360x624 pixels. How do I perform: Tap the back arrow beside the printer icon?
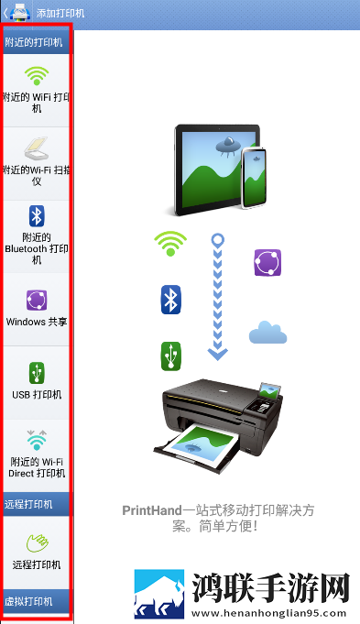coord(5,13)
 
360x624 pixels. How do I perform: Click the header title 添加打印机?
coord(60,13)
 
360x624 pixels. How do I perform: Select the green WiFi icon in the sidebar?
coord(37,76)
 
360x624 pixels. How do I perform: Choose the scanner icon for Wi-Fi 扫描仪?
coord(37,148)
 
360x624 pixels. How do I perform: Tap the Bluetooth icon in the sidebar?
coord(37,216)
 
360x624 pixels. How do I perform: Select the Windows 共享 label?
coord(37,322)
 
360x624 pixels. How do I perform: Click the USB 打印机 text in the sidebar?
coord(37,394)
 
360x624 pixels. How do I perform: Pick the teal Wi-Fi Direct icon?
coord(37,440)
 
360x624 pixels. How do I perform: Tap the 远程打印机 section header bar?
coord(37,504)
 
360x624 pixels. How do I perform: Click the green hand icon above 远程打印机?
coord(37,542)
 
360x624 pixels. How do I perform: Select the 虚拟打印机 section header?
coord(37,601)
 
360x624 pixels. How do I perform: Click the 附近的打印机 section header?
coord(37,42)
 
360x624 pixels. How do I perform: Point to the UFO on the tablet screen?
coord(227,146)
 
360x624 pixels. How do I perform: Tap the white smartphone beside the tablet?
coord(254,178)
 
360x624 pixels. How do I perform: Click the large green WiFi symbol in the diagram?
coord(170,243)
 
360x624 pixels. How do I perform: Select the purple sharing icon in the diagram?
coord(267,263)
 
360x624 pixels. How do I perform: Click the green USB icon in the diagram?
coord(171,356)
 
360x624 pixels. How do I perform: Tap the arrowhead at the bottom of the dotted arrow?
coord(218,354)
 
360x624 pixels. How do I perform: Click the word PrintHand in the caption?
coord(152,510)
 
